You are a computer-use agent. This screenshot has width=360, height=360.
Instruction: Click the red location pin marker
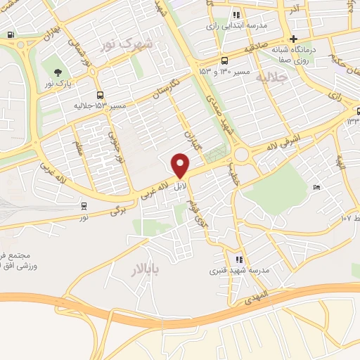pos(181,165)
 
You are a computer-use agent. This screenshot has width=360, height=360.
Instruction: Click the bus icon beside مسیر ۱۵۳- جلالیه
pos(100,95)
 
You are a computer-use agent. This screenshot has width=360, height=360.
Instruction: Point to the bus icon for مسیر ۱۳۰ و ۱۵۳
pos(224,60)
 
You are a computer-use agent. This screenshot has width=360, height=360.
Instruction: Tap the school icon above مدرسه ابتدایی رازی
pos(237,14)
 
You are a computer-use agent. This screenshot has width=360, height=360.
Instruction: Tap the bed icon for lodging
pos(316,187)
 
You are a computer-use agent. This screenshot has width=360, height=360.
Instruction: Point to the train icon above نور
pos(84,206)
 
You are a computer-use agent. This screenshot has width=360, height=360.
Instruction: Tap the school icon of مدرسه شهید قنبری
pos(238,259)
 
